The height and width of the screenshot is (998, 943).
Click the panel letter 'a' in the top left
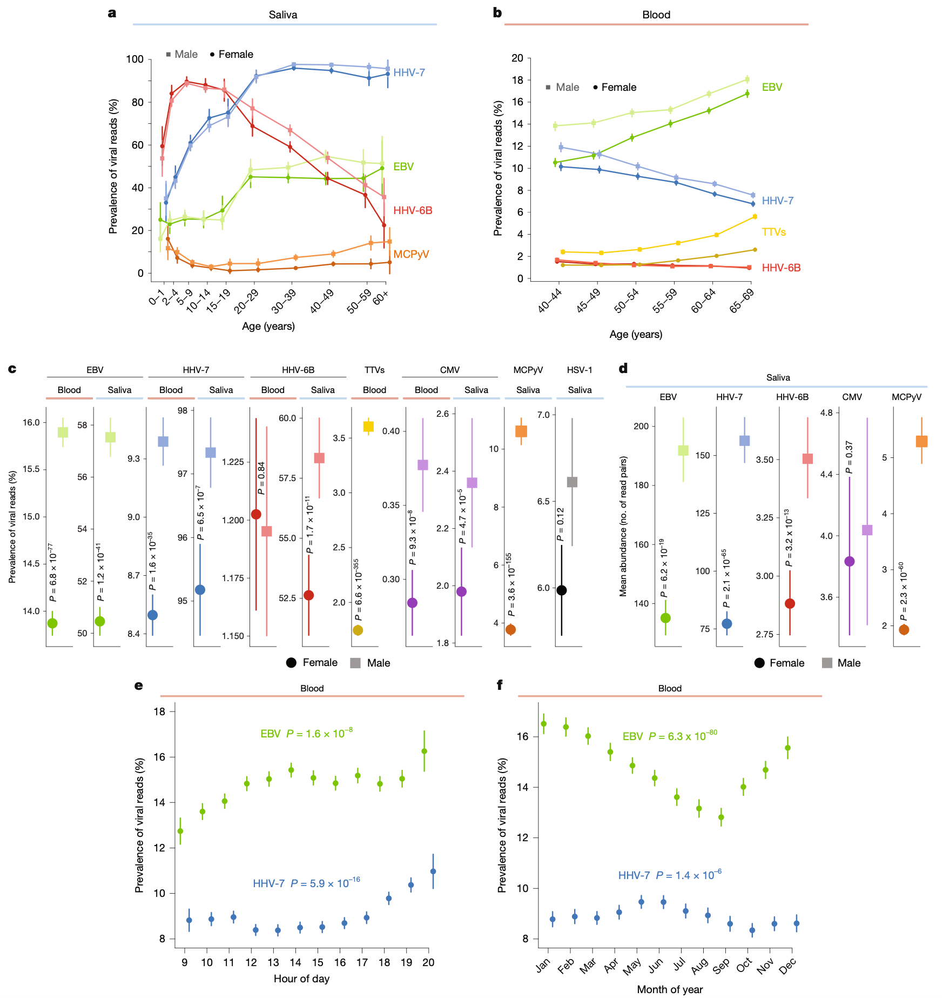tap(112, 13)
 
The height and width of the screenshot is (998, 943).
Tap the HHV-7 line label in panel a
tap(409, 72)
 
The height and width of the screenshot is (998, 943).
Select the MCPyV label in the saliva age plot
tap(411, 254)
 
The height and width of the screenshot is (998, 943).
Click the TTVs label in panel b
tap(773, 232)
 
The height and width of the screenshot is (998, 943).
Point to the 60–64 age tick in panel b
tap(704, 301)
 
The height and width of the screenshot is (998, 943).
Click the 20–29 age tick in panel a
tap(246, 302)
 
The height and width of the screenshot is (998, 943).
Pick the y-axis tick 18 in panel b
tap(517, 80)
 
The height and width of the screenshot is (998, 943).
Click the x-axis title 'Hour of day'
tap(301, 979)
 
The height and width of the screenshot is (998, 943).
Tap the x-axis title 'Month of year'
tap(670, 989)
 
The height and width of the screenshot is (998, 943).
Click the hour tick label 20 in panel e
tap(428, 962)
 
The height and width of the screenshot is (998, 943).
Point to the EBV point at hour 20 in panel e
tap(425, 751)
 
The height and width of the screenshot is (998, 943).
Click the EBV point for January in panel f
tap(544, 724)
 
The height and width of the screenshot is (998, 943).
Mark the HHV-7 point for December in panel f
tap(797, 923)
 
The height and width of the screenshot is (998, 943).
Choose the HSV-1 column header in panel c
tap(580, 370)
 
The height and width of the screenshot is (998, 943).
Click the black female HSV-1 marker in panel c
tap(562, 590)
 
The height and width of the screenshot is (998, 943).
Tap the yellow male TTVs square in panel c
tap(368, 427)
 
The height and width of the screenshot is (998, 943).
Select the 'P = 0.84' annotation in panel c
tap(261, 478)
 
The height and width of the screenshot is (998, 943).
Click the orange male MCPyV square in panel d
tap(922, 441)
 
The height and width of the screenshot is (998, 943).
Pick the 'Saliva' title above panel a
tap(283, 15)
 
